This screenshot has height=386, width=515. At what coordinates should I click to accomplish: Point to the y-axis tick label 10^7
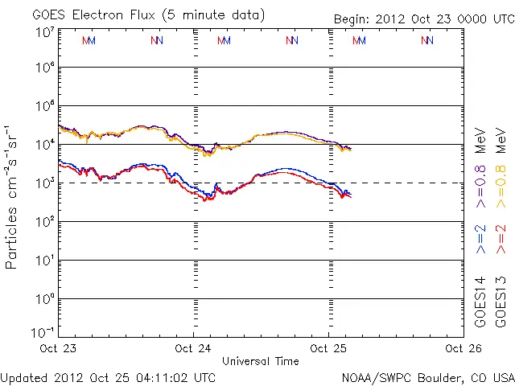[45, 32]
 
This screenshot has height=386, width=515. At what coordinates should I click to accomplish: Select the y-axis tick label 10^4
[45, 145]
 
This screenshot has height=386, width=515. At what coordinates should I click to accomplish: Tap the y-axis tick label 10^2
[45, 222]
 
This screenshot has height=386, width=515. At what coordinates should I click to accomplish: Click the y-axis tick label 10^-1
[45, 332]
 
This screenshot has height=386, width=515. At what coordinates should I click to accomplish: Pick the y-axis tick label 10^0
[45, 299]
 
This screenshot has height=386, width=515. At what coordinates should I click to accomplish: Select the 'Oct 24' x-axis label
[193, 349]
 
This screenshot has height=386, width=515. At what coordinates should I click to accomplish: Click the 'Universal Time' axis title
[261, 361]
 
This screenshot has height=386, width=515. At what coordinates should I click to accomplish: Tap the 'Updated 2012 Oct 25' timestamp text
[108, 376]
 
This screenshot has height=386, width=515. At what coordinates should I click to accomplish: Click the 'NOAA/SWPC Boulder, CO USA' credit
[427, 376]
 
